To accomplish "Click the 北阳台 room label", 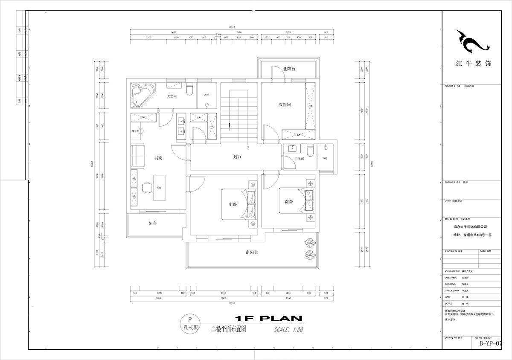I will click(x=289, y=69).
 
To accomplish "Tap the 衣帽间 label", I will click(x=285, y=105).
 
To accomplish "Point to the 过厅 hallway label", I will click(x=238, y=157).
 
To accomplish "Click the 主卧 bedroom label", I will click(x=233, y=204).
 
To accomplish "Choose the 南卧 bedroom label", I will click(x=289, y=202).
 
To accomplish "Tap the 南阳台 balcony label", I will click(x=251, y=252).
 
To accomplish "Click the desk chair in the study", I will click(x=147, y=188).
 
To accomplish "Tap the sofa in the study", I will click(x=138, y=156).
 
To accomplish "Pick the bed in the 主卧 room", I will click(x=239, y=204).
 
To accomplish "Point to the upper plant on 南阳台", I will click(x=308, y=244).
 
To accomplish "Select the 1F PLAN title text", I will click(x=268, y=318).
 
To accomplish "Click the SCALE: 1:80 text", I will click(x=288, y=329).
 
